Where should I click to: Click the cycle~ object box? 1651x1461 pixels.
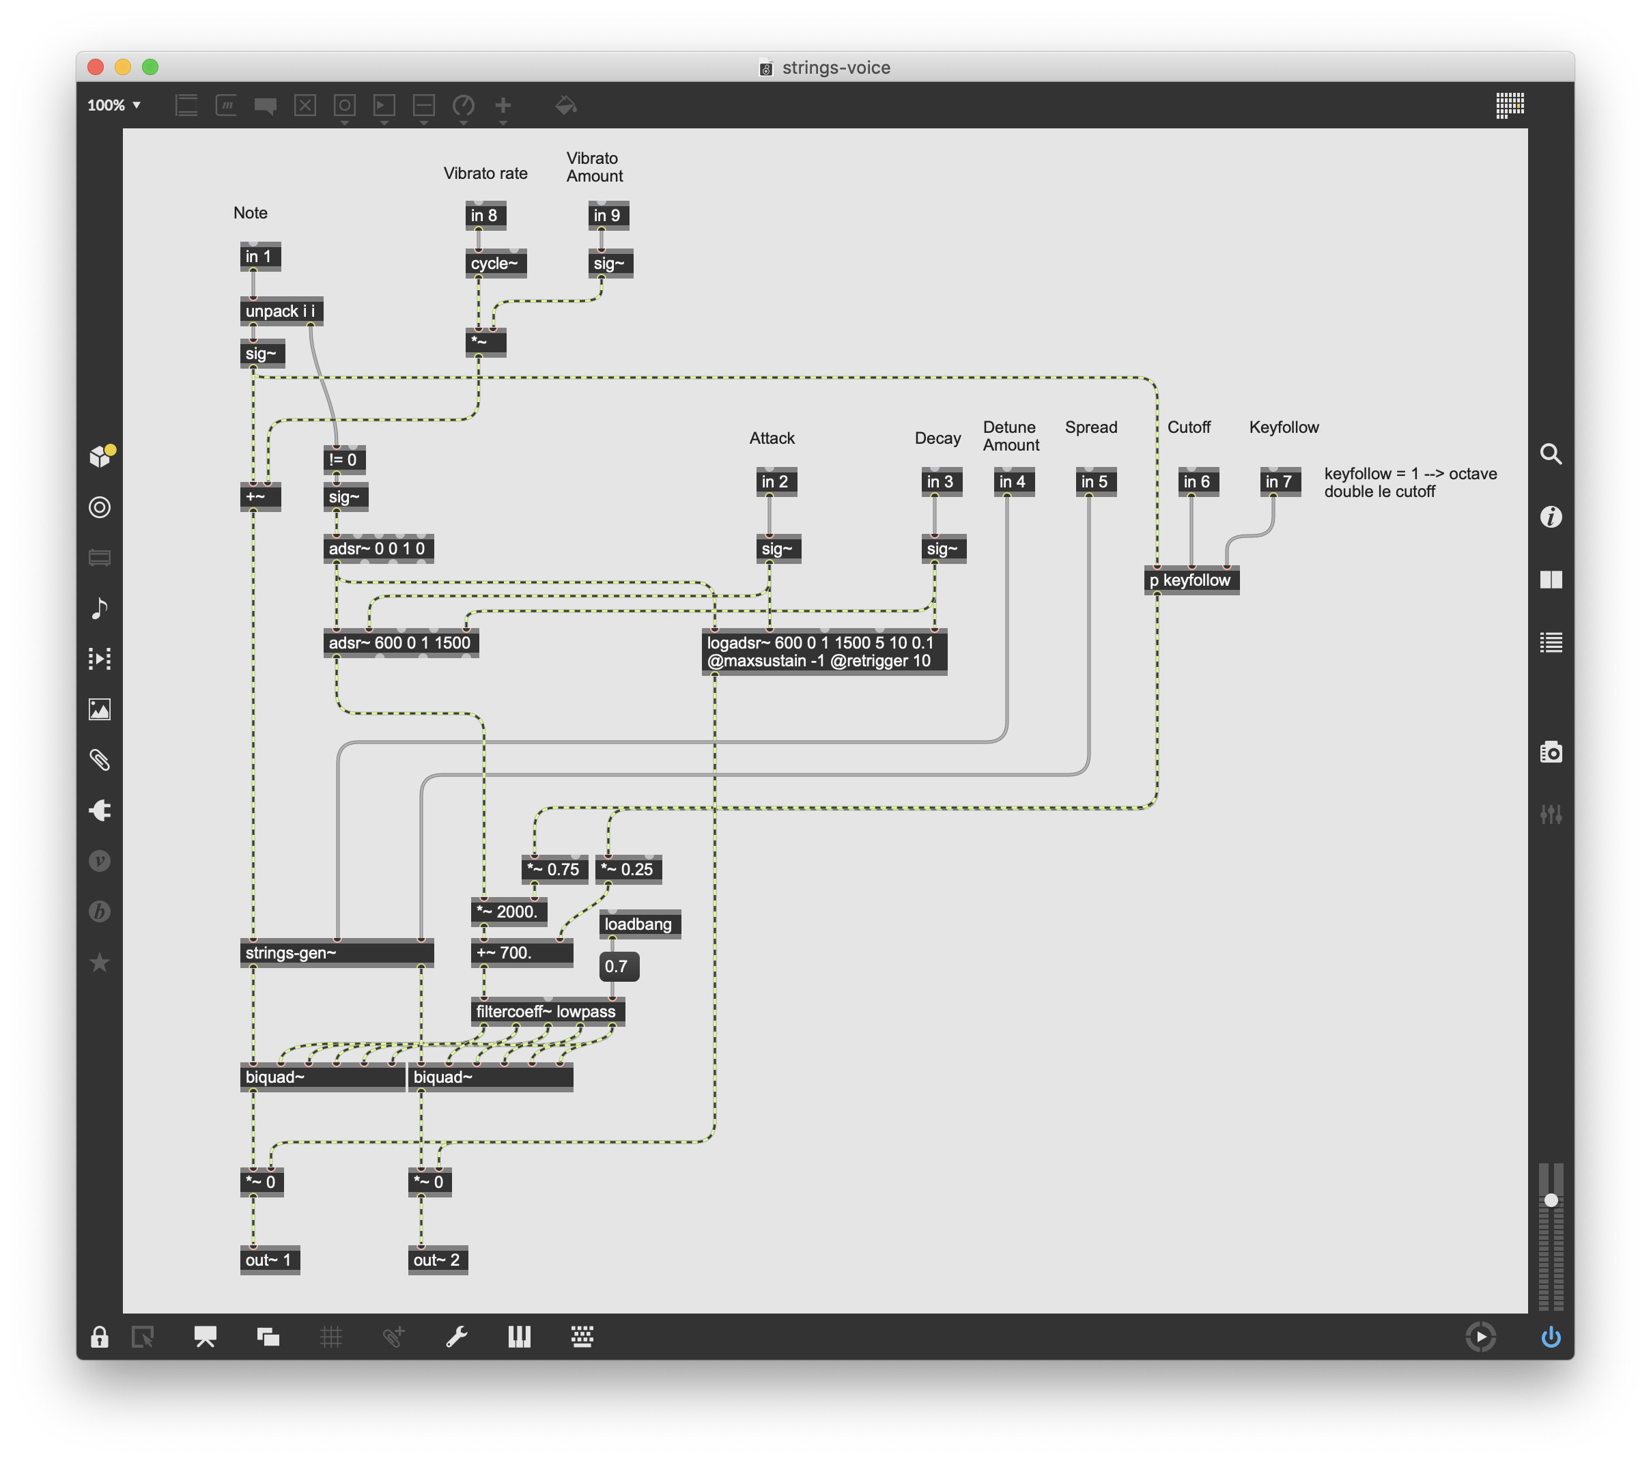click(x=496, y=264)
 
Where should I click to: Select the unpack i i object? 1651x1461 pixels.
click(x=281, y=311)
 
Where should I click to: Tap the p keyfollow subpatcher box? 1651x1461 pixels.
click(x=1191, y=580)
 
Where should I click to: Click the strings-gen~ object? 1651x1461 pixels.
click(x=337, y=953)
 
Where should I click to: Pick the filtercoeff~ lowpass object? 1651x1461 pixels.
click(x=548, y=1011)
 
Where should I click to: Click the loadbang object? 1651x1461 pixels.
click(x=640, y=924)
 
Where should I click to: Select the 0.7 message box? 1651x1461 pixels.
click(x=619, y=966)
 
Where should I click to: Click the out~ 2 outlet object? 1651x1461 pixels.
click(x=438, y=1260)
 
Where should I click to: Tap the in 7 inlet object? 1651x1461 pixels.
click(x=1280, y=481)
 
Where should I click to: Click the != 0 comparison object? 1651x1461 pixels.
click(x=344, y=459)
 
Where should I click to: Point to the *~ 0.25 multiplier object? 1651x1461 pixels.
click(x=628, y=869)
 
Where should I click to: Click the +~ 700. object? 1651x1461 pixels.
click(x=522, y=953)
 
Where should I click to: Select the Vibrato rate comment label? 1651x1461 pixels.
click(x=485, y=173)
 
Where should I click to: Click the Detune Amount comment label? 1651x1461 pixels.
click(x=1011, y=436)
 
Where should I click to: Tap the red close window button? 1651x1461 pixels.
click(x=96, y=67)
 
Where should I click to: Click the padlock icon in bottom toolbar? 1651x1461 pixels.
click(x=100, y=1337)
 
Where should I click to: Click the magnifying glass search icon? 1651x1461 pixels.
click(x=1550, y=454)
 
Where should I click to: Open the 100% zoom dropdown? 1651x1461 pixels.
click(x=114, y=105)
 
